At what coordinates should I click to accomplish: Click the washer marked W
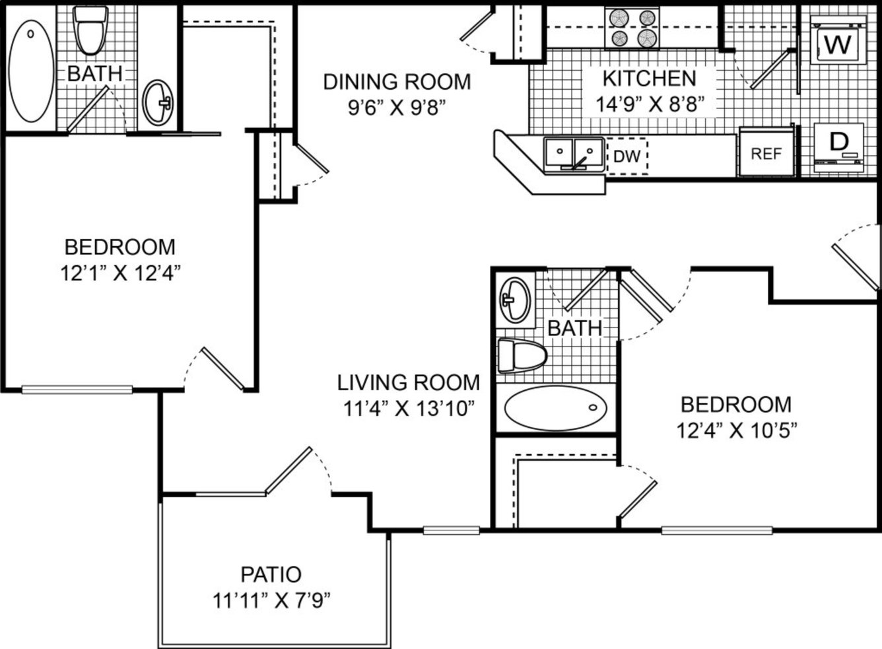(x=838, y=40)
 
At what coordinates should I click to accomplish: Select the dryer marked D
(x=838, y=148)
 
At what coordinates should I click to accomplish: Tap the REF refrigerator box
(x=766, y=152)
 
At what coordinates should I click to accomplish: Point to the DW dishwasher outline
(x=627, y=156)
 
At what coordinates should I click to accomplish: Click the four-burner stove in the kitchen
(x=632, y=28)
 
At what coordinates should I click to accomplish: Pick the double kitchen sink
(x=574, y=154)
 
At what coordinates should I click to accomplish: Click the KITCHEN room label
(x=650, y=79)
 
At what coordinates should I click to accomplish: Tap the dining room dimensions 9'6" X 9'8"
(x=397, y=107)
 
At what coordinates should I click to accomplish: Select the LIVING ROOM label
(x=408, y=382)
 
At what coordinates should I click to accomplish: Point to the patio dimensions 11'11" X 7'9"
(x=271, y=601)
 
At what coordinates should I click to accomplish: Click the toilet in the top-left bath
(x=91, y=30)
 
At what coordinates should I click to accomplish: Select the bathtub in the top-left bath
(x=31, y=71)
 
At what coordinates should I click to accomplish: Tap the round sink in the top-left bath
(x=158, y=102)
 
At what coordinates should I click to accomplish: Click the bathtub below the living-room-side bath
(x=556, y=408)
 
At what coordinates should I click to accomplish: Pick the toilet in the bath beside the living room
(x=522, y=356)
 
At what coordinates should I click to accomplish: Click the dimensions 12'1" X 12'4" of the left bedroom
(x=121, y=273)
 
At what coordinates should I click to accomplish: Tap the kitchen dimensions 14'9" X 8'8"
(x=650, y=104)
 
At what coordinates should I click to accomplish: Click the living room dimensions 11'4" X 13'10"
(x=408, y=409)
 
